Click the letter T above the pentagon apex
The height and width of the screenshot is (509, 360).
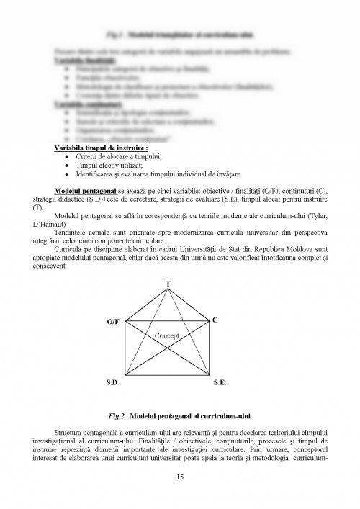[x=168, y=284]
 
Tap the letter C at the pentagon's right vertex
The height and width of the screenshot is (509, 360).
[x=215, y=319]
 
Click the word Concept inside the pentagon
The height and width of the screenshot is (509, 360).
[x=167, y=335]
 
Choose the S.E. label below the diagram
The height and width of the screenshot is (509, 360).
[x=220, y=386]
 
